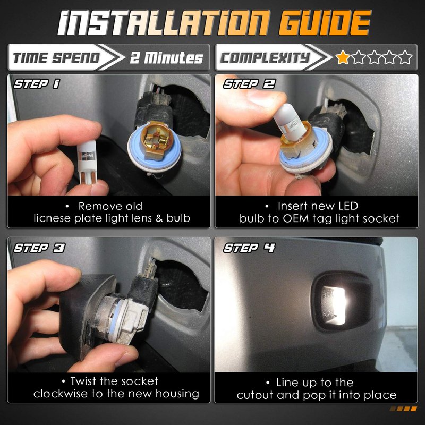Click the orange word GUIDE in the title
pyautogui.click(x=325, y=23)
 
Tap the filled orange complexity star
pyautogui.click(x=343, y=57)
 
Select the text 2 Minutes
pyautogui.click(x=166, y=57)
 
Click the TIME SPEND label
pyautogui.click(x=56, y=58)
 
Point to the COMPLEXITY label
pyautogui.click(x=265, y=57)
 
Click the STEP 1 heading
pyautogui.click(x=37, y=84)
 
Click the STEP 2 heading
pyautogui.click(x=249, y=84)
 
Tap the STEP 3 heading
pyautogui.click(x=39, y=248)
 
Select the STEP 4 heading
pyautogui.click(x=249, y=248)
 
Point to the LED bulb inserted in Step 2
pyautogui.click(x=287, y=122)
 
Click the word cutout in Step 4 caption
pyautogui.click(x=255, y=395)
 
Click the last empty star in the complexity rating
pyautogui.click(x=405, y=57)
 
